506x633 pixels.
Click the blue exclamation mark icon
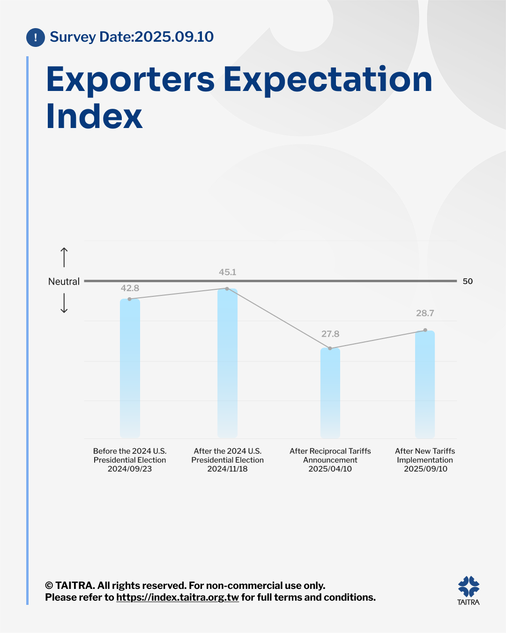coord(36,38)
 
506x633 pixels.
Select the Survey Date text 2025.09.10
coord(174,37)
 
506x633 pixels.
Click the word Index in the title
coord(94,116)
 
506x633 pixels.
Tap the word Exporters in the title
coord(130,80)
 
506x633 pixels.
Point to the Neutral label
coord(64,281)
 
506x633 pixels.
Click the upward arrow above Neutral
coord(64,257)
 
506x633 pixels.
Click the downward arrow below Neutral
coord(64,303)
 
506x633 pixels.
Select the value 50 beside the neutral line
coord(468,281)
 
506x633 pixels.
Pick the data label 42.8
coord(130,288)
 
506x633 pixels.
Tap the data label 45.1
coord(228,272)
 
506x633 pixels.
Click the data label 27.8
coord(330,334)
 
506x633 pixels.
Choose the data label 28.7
coord(425,313)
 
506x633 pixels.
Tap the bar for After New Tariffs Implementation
coord(425,384)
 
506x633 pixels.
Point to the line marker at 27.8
coord(330,348)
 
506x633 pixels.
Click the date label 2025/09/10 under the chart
coord(425,469)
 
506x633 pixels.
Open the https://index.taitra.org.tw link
coord(178,597)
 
